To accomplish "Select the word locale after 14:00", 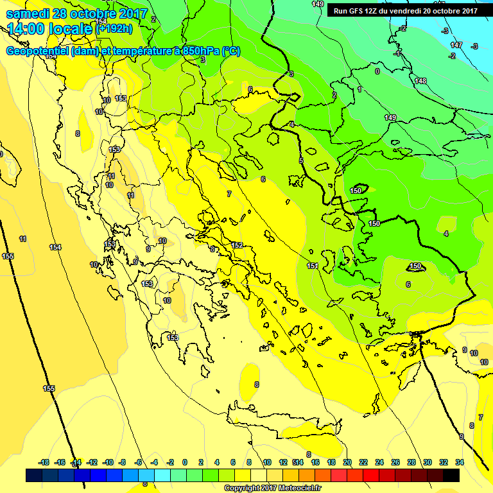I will click(x=69, y=28).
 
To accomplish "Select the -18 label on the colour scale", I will click(x=44, y=462).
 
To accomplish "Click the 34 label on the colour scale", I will click(x=460, y=462).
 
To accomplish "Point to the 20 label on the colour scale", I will click(x=347, y=462).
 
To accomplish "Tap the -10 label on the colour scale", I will click(x=108, y=462).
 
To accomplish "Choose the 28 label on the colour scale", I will click(x=411, y=462).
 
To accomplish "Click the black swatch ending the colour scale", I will click(x=451, y=475).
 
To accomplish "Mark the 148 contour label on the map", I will click(x=420, y=81).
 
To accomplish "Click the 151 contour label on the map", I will click(x=313, y=266).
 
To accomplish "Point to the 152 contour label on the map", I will click(x=238, y=245).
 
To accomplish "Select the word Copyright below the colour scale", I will click(x=243, y=489).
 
